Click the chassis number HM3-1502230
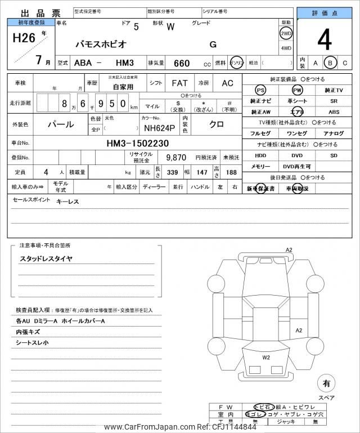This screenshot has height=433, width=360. [137, 144]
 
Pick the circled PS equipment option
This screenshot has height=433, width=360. [260, 90]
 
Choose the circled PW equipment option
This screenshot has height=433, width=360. [298, 90]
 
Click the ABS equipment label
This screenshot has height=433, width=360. [334, 111]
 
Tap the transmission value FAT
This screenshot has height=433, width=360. [179, 83]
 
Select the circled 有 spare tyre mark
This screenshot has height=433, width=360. [326, 384]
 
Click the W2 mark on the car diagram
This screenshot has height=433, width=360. [265, 356]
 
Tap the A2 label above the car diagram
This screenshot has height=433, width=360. [289, 249]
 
